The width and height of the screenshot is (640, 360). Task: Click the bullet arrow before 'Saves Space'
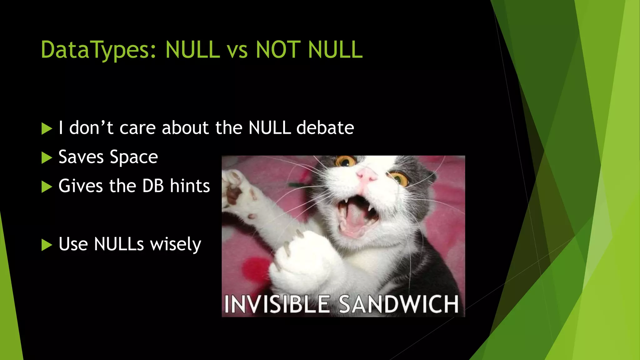point(47,158)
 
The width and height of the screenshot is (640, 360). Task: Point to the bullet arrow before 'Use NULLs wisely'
point(47,245)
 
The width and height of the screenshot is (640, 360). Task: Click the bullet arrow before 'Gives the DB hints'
point(47,187)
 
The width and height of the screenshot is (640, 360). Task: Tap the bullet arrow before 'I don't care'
point(47,129)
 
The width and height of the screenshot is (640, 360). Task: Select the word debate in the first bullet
point(325,128)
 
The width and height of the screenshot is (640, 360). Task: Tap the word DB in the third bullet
point(153,186)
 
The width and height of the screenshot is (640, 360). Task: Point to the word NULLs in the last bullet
point(119,244)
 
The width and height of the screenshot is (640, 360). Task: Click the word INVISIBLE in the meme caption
point(277,304)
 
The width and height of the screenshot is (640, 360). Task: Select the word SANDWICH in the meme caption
point(399,304)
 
